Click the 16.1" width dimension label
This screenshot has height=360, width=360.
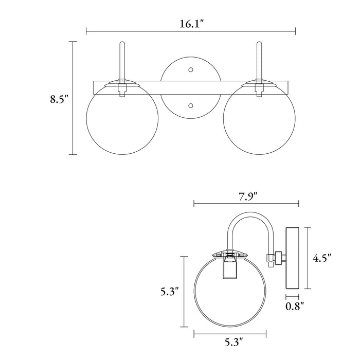tap(191, 24)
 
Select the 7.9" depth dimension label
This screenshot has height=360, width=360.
tap(248, 196)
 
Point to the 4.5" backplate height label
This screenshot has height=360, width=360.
tap(321, 258)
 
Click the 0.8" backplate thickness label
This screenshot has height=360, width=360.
tap(295, 306)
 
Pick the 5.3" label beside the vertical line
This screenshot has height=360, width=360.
tap(169, 292)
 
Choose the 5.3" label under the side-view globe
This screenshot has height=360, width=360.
tap(233, 341)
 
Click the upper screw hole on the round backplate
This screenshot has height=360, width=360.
tap(191, 69)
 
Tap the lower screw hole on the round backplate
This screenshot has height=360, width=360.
tap(191, 105)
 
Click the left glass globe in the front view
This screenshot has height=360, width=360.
tap(122, 118)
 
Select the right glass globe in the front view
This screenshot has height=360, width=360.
tap(259, 118)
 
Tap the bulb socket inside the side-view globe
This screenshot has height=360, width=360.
tap(230, 267)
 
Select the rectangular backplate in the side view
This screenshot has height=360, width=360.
tap(292, 258)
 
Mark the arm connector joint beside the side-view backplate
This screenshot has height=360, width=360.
tap(275, 259)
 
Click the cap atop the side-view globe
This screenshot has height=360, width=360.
tap(230, 253)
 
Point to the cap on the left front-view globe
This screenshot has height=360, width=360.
tap(122, 83)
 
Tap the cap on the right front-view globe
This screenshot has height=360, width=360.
tap(259, 83)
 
